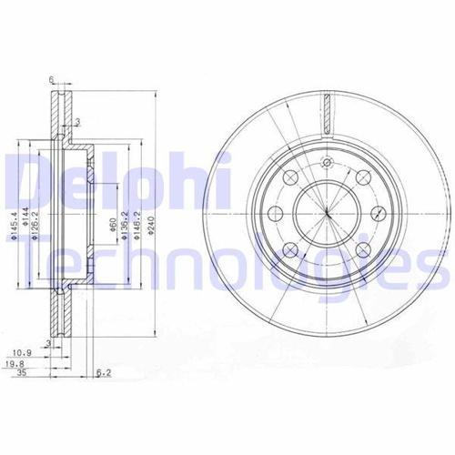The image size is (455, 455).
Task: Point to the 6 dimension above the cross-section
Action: pos(54,79)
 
